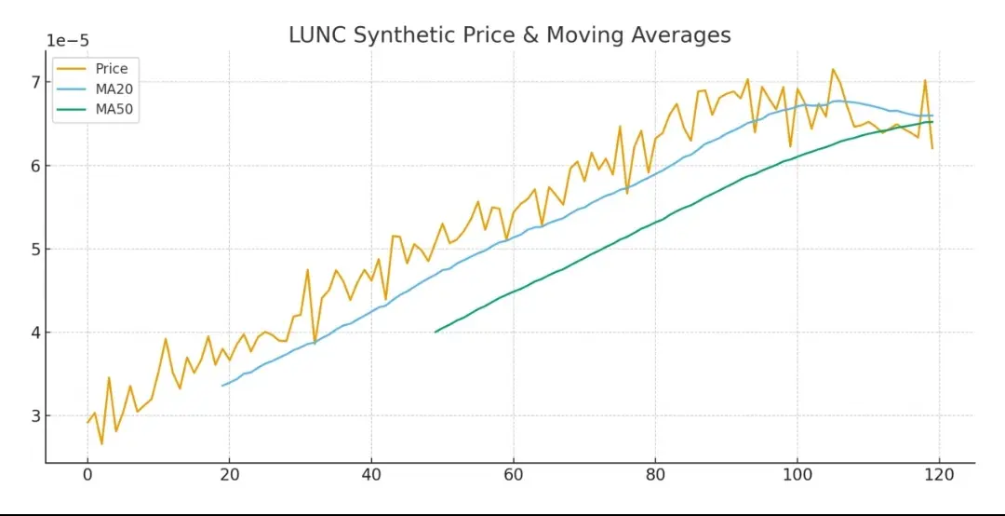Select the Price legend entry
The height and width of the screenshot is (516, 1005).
[x=111, y=68]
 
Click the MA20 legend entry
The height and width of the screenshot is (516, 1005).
[x=114, y=88]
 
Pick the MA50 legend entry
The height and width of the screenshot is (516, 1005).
[x=114, y=109]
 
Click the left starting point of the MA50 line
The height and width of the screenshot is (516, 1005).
[x=435, y=332]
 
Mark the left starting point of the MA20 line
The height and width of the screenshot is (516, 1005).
[x=222, y=386]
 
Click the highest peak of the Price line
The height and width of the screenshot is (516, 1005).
[x=833, y=69]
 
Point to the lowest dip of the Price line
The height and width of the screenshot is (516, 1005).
[x=101, y=443]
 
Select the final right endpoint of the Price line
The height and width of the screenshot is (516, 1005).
[x=931, y=148]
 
